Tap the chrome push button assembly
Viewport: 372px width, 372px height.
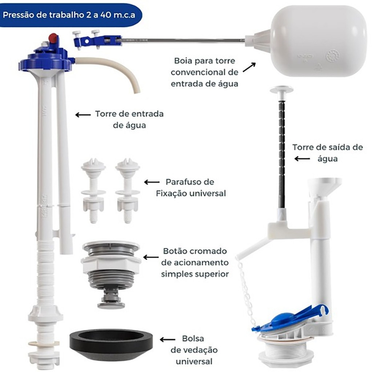point(111,275)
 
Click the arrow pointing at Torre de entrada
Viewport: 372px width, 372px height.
point(83,115)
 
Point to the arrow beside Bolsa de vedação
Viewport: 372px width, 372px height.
point(167,340)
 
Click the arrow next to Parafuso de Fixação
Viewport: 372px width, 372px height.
point(152,182)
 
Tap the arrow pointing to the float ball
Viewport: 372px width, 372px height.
point(249,67)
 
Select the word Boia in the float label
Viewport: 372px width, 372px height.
point(183,61)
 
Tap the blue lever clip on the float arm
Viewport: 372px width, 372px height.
point(97,39)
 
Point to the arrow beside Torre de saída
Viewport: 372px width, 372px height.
point(302,159)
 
